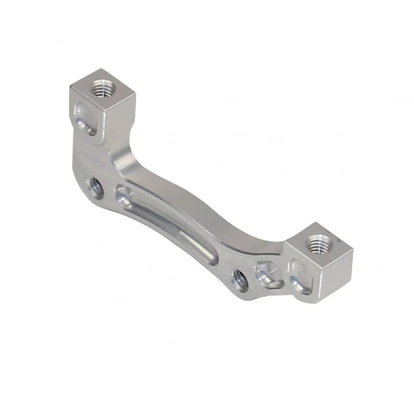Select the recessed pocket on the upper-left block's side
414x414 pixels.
(x=86, y=118)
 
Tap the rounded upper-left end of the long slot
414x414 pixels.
(x=123, y=192)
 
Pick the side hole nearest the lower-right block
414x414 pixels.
(x=240, y=279)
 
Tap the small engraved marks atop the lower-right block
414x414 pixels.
(x=335, y=234)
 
